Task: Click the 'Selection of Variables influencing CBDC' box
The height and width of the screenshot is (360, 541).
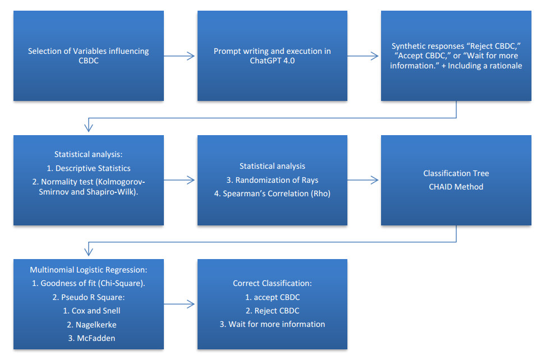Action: [89, 56]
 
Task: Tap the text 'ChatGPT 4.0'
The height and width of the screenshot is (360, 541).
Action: [272, 61]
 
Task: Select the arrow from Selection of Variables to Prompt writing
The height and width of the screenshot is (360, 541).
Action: [180, 56]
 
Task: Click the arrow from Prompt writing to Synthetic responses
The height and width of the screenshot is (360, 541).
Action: [364, 56]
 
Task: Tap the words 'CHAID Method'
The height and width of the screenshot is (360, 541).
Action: [455, 186]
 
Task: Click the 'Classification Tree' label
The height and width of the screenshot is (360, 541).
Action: [455, 173]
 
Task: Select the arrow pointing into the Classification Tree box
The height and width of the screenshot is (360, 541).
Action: [364, 180]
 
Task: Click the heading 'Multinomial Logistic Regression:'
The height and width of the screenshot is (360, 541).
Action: [88, 270]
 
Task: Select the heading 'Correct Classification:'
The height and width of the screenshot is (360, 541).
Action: [272, 283]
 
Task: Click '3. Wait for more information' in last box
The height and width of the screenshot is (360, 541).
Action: [272, 324]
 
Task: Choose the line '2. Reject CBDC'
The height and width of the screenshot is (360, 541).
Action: [272, 311]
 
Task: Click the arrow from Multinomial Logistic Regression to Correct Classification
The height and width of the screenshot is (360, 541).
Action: [180, 304]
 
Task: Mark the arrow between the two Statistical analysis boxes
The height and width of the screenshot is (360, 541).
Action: [180, 180]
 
